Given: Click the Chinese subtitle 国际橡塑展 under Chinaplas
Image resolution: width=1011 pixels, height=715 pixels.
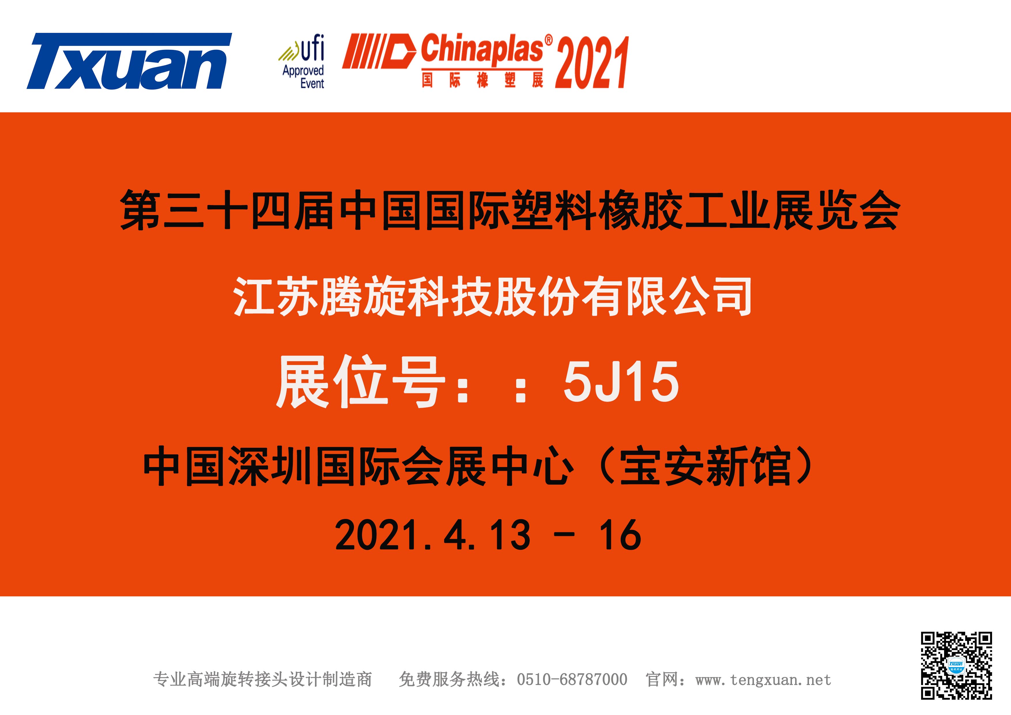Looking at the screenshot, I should [x=482, y=81].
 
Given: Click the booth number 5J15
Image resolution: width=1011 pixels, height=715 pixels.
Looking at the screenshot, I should [x=621, y=381].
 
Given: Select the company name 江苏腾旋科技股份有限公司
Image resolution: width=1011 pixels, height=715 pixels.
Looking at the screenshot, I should [x=492, y=296].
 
